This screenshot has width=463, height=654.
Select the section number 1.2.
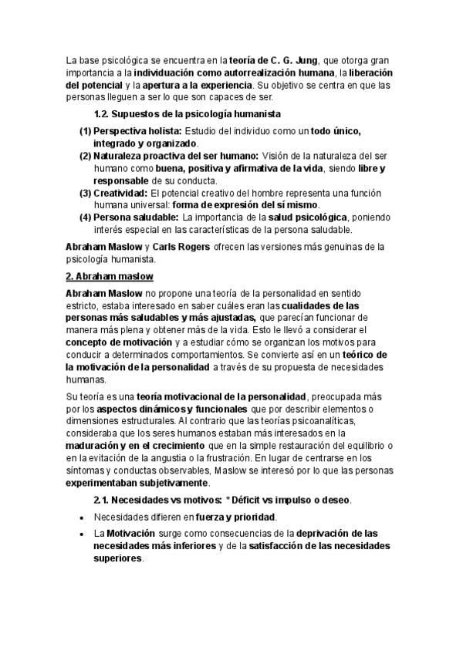click(103, 114)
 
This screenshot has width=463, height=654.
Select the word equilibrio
click(367, 446)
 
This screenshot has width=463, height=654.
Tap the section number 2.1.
click(103, 501)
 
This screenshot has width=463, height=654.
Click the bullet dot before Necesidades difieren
click(81, 517)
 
